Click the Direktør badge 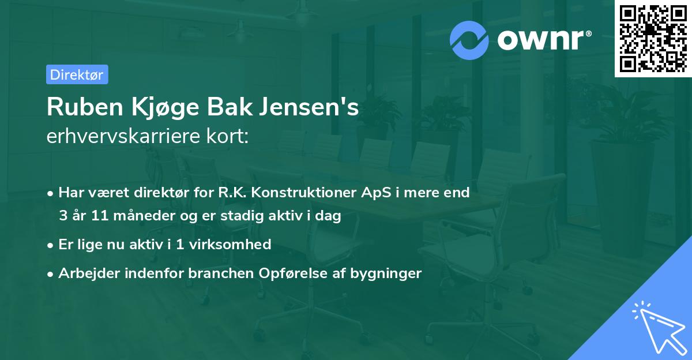point(77,74)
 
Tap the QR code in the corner point(653,38)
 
